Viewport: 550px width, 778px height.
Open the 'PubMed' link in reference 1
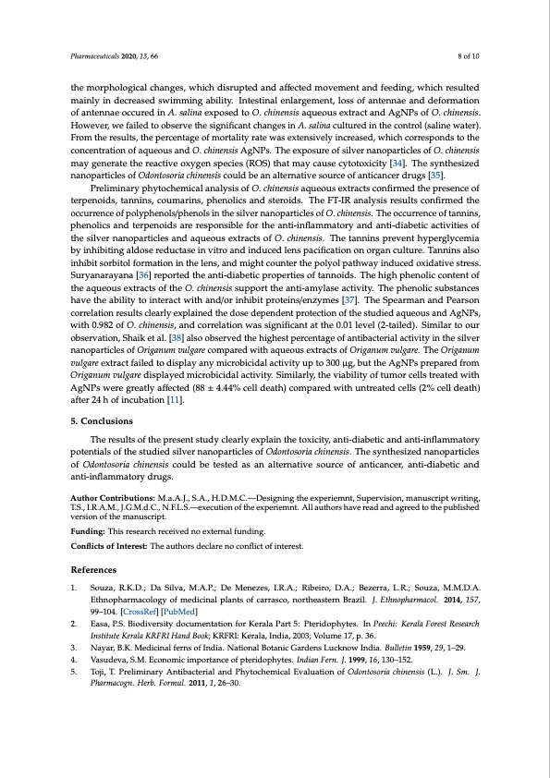coord(167,612)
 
